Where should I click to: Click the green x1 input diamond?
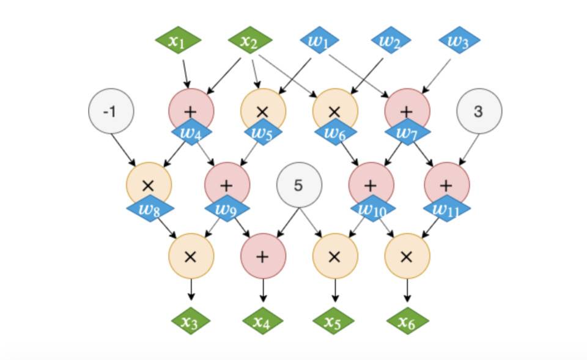point(177,42)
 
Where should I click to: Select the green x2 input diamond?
point(249,42)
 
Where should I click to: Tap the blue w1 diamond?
point(319,42)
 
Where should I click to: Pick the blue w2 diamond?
point(391,42)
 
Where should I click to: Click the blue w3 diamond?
point(459,42)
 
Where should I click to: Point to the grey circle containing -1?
point(111,111)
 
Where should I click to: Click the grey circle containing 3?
point(479,111)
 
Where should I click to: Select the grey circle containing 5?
point(299,185)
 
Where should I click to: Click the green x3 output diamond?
point(191,321)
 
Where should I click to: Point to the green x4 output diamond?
point(263,321)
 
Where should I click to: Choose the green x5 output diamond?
point(334,321)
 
